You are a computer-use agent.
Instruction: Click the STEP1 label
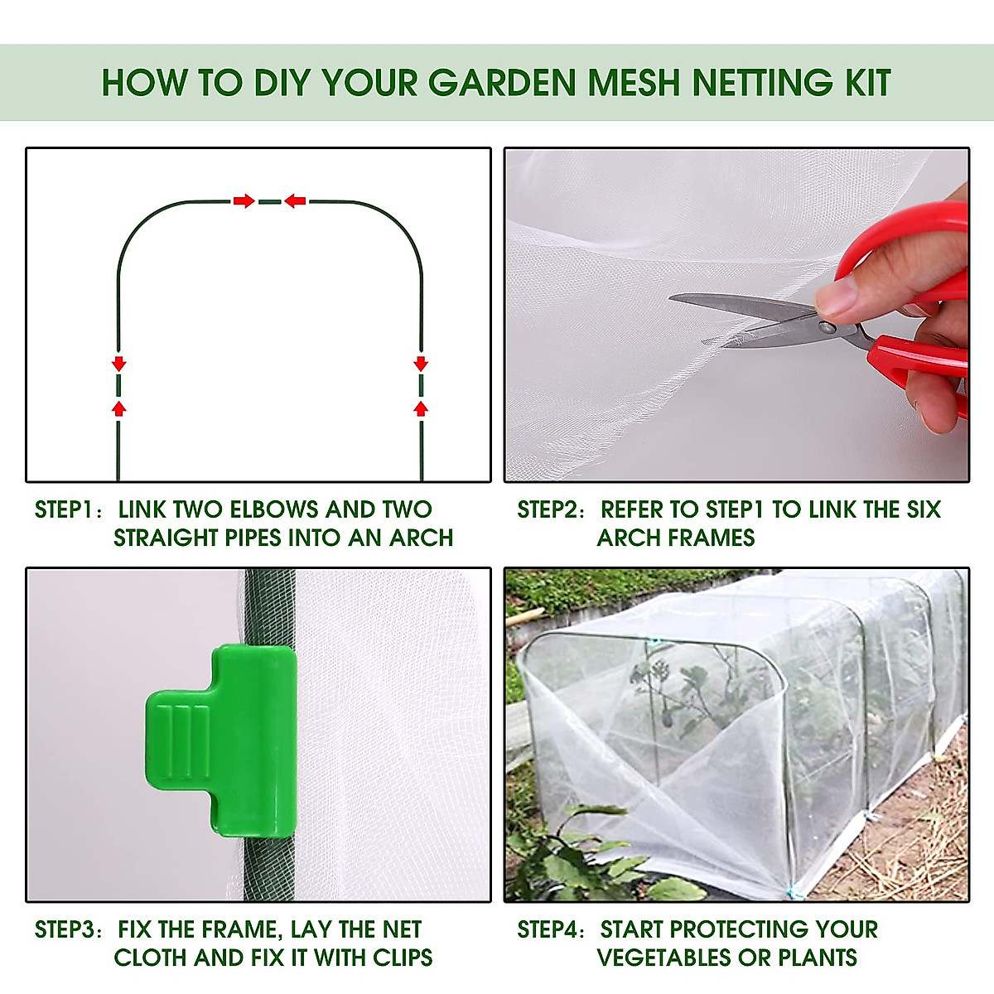tap(65, 509)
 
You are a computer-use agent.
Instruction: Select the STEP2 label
tap(548, 509)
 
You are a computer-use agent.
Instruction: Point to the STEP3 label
tap(65, 929)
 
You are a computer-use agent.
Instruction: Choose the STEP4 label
tap(548, 929)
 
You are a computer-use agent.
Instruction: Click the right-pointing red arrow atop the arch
tap(244, 200)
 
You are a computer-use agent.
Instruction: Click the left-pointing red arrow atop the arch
tap(295, 200)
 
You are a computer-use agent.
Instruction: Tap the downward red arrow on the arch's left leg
tap(118, 363)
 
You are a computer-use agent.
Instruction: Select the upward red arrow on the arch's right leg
tap(421, 408)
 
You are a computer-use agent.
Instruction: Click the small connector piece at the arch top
tap(269, 200)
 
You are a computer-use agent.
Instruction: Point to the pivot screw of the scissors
tap(828, 328)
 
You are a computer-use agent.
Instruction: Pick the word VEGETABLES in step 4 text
tap(664, 958)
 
